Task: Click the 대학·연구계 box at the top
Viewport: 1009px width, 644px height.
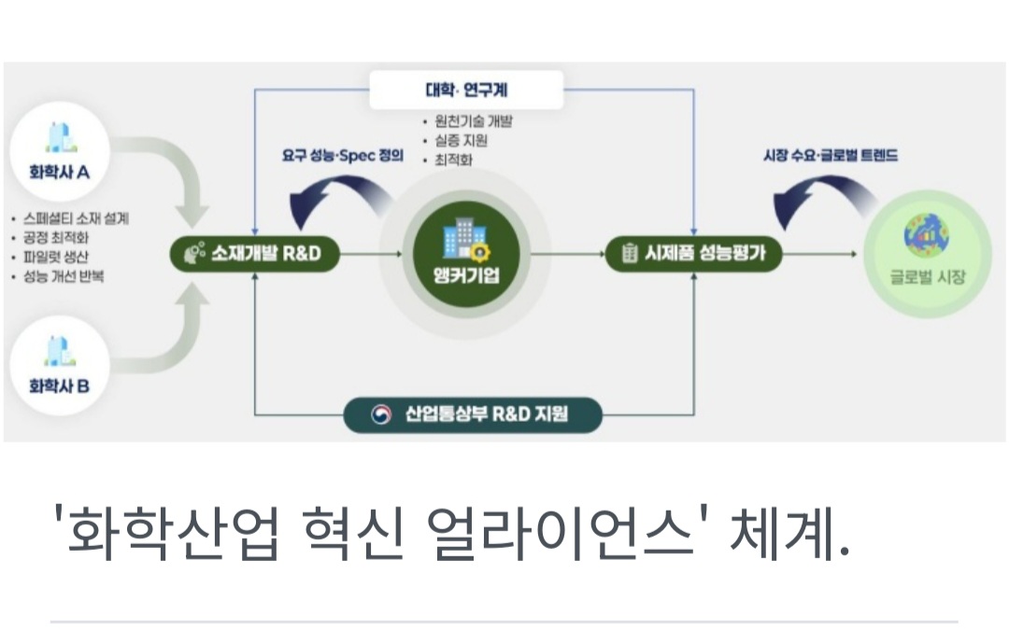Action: coord(466,90)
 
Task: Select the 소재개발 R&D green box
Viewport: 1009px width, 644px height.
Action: coord(253,252)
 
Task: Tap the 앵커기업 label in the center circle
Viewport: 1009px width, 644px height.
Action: coord(466,276)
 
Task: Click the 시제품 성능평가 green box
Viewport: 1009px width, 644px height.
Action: coord(693,252)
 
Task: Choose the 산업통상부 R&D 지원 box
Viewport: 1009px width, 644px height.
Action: coord(472,413)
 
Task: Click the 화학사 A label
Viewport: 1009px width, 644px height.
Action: coord(60,172)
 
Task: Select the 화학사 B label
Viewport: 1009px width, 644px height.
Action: coord(60,384)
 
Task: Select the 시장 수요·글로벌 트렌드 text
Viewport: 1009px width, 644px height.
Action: coord(831,156)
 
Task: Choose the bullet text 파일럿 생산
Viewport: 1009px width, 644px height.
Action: coord(63,257)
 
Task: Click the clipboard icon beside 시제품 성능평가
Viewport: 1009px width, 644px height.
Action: coord(629,252)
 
